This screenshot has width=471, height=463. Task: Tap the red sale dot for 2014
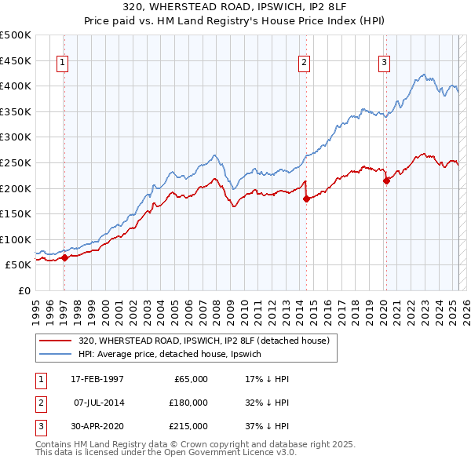[x=306, y=199]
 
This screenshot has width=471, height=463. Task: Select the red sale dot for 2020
[x=386, y=180]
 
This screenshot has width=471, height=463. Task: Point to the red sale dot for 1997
[x=64, y=257]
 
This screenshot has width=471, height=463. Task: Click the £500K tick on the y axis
[x=16, y=35]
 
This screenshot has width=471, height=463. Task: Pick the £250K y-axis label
[x=16, y=162]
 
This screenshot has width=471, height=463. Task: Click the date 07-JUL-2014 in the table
[x=98, y=403]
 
